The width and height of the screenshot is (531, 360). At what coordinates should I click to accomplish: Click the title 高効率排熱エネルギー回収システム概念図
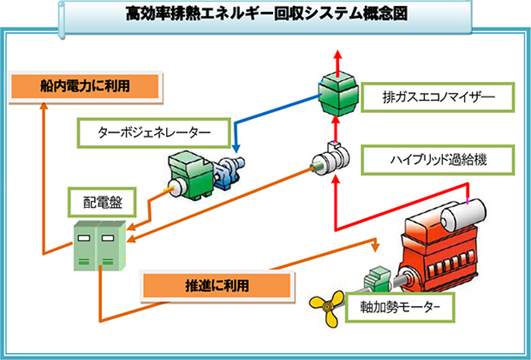(x=266, y=14)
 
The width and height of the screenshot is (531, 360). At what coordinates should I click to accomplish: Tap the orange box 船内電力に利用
(x=85, y=86)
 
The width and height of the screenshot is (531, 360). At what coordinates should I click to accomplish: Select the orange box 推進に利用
(x=217, y=285)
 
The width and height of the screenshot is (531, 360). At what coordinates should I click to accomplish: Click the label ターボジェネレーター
(x=154, y=133)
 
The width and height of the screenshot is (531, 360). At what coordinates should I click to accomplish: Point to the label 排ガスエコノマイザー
(x=438, y=97)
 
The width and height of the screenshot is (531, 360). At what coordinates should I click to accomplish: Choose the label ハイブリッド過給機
(x=438, y=160)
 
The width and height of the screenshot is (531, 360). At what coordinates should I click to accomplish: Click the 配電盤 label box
(x=102, y=202)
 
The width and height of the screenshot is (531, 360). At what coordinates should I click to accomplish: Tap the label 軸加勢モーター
(x=400, y=307)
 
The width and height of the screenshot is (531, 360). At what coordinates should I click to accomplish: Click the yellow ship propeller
(x=326, y=308)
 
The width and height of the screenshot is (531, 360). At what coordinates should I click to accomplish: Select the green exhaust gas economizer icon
(x=338, y=94)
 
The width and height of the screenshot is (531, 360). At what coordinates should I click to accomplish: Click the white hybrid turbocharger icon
(x=331, y=159)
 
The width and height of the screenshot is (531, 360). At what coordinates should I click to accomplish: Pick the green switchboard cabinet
(x=100, y=246)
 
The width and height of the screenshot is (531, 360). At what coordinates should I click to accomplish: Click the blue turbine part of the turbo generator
(x=228, y=171)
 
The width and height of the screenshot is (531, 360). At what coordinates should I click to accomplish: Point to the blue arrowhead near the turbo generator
(x=237, y=149)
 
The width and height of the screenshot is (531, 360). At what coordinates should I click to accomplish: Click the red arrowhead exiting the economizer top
(x=338, y=55)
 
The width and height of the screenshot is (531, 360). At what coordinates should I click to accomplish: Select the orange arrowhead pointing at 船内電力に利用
(x=44, y=106)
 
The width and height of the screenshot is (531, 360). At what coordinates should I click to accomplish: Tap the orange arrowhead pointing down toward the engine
(x=375, y=247)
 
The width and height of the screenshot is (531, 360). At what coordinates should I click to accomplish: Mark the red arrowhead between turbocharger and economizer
(x=335, y=120)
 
